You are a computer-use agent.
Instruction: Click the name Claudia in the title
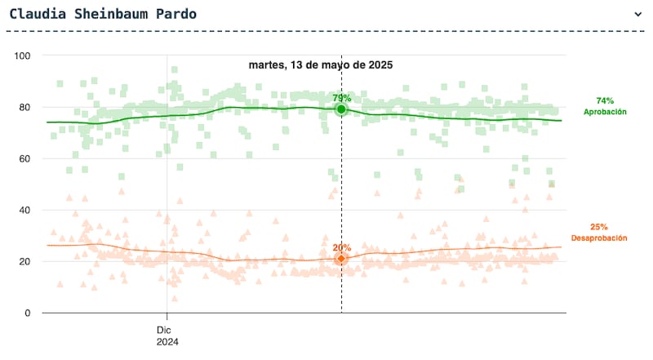click(x=35, y=14)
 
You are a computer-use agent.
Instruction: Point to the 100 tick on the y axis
click(x=22, y=56)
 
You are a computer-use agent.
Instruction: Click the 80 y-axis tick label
click(x=24, y=107)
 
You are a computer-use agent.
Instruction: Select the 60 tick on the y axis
click(x=24, y=158)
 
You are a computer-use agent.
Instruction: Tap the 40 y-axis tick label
click(x=24, y=210)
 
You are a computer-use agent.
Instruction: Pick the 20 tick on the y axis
click(x=24, y=261)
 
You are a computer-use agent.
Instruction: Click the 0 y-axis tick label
click(x=28, y=313)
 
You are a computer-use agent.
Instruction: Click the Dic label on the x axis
click(x=167, y=330)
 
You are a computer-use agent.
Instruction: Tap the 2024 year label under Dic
click(x=167, y=343)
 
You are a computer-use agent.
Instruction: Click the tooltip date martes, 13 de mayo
click(x=321, y=64)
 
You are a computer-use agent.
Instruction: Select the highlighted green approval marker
click(x=341, y=109)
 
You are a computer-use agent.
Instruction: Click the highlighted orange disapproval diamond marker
click(x=341, y=259)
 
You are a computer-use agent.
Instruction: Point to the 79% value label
click(x=341, y=98)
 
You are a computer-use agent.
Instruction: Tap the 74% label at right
click(x=605, y=100)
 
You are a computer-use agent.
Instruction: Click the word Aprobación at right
click(x=605, y=111)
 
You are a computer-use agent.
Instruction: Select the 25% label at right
click(x=599, y=227)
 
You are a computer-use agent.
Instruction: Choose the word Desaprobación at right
click(x=599, y=238)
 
